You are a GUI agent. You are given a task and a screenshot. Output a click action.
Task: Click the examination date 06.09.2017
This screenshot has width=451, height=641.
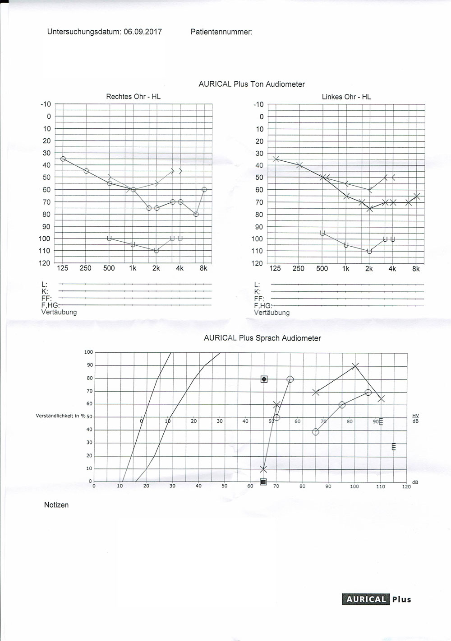click(143, 32)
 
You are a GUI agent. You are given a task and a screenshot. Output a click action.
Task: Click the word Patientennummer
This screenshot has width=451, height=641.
click(221, 32)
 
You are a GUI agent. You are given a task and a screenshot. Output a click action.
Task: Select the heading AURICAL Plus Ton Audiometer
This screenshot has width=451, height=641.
click(252, 84)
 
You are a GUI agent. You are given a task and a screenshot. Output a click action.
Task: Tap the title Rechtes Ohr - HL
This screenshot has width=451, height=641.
click(133, 96)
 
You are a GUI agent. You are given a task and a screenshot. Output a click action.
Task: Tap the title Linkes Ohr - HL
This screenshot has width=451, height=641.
click(346, 97)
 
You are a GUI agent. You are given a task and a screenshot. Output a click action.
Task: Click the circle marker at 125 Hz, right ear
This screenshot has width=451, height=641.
click(63, 159)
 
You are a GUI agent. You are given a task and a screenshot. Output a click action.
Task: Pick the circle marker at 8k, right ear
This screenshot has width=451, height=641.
click(204, 189)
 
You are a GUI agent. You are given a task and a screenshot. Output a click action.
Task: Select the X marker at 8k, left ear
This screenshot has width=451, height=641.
click(417, 196)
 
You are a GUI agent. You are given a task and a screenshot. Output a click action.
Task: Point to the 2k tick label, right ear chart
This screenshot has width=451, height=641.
click(156, 268)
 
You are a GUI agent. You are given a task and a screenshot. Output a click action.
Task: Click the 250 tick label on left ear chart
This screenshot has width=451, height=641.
click(299, 269)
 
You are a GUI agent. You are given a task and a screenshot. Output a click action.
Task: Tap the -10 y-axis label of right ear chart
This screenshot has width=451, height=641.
click(46, 104)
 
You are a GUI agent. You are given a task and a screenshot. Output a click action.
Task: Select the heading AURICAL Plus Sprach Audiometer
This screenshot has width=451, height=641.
click(262, 338)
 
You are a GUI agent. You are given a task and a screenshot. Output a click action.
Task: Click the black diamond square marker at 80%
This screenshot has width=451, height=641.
click(264, 379)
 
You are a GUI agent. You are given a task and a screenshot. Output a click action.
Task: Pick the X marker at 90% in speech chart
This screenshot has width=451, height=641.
click(355, 365)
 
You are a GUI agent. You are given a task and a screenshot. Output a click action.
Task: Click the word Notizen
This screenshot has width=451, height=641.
click(56, 505)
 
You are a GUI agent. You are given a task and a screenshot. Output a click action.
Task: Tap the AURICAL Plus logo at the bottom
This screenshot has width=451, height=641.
click(377, 599)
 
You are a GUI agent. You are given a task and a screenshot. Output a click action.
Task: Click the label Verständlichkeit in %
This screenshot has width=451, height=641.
click(60, 416)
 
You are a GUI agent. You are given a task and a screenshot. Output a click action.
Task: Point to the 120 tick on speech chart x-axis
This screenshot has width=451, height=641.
click(406, 487)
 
